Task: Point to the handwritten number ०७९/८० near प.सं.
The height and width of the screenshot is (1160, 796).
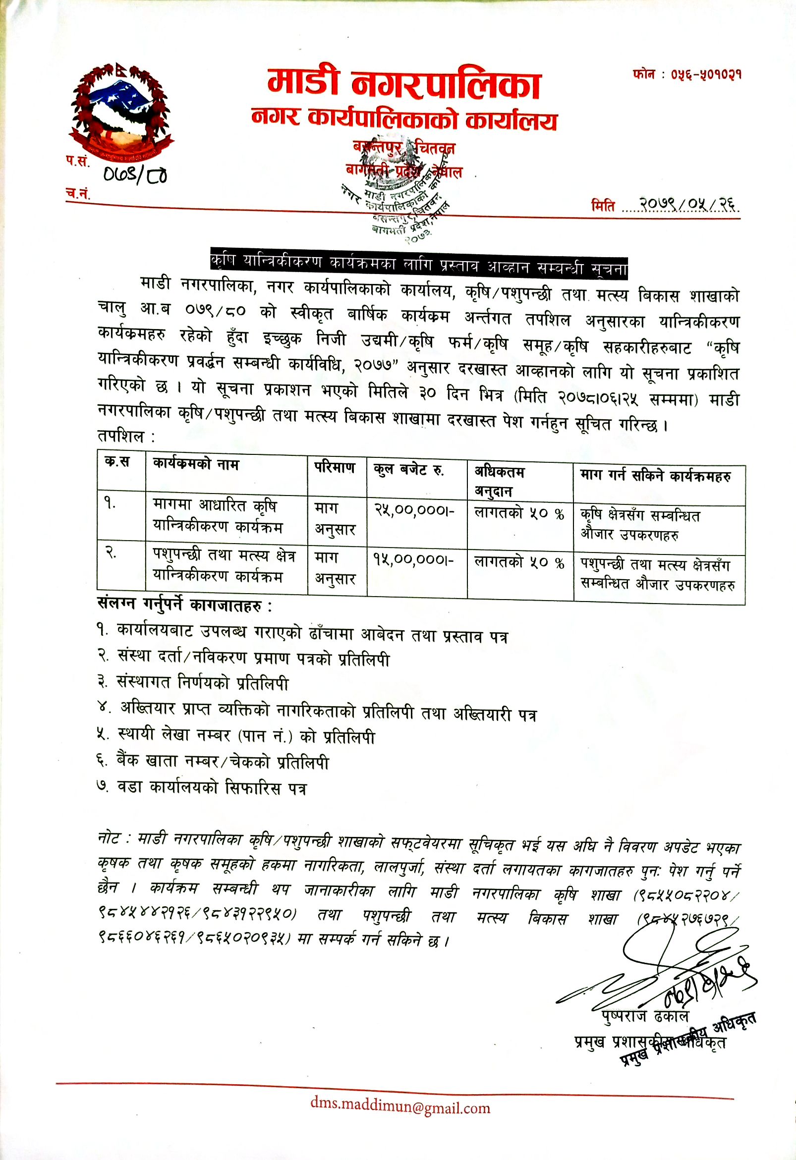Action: click(134, 174)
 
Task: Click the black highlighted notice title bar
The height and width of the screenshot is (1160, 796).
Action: click(418, 261)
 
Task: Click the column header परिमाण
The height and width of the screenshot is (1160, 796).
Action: click(335, 468)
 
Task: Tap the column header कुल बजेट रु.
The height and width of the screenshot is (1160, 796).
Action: click(409, 470)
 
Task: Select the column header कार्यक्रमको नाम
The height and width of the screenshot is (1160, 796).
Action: click(196, 465)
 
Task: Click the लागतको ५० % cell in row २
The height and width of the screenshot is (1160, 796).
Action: click(519, 562)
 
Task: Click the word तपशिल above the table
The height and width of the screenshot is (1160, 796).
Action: click(126, 437)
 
